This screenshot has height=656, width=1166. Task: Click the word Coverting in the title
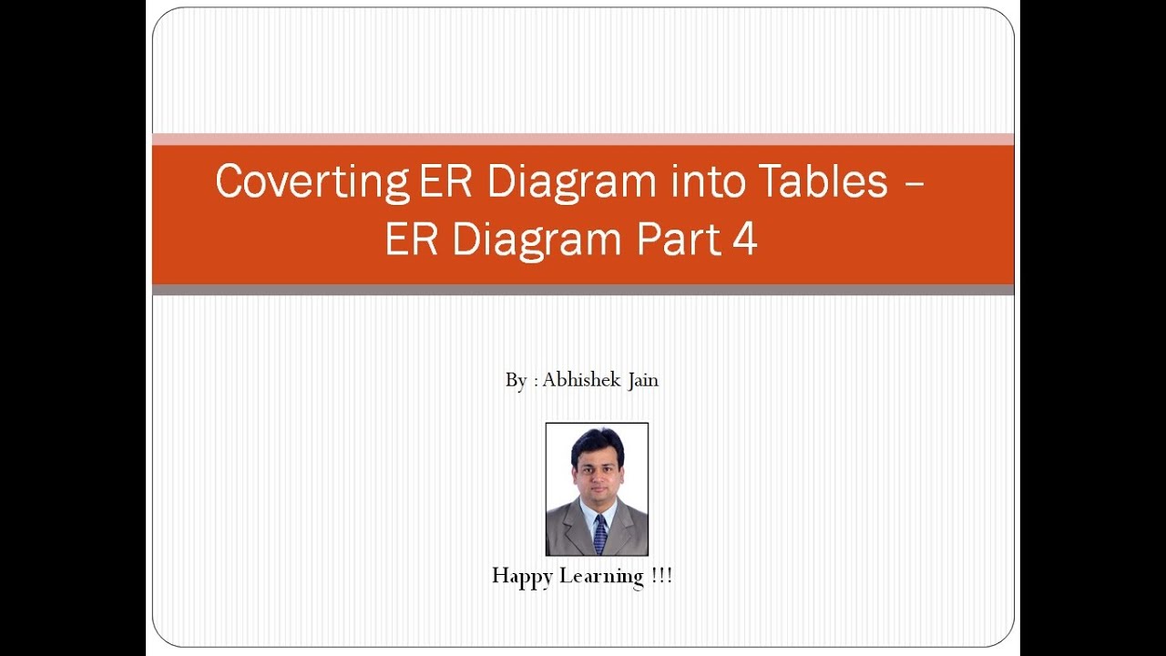312,182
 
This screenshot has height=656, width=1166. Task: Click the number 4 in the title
745,240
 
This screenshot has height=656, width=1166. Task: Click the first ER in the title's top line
446,181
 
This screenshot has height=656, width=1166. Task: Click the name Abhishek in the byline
580,380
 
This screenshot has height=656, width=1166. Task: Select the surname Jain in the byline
641,380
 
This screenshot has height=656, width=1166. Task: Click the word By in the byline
516,381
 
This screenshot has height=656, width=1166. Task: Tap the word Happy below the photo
522,577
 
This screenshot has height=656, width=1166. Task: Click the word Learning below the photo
601,577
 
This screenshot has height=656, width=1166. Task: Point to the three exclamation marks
662,576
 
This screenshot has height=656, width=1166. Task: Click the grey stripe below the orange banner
583,290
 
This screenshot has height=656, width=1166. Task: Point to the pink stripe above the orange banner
583,139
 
